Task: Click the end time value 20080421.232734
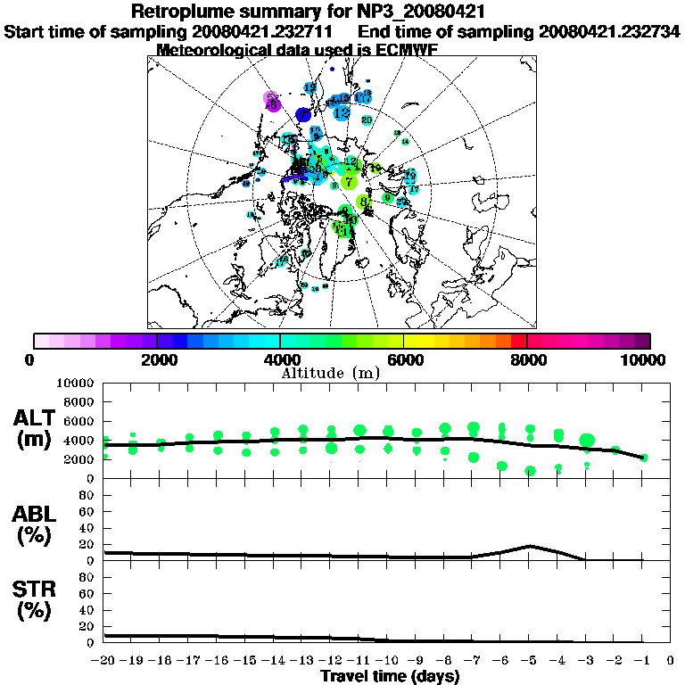[609, 31]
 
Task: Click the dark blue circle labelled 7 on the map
[303, 115]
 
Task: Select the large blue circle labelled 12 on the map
[342, 112]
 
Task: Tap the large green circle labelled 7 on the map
[348, 181]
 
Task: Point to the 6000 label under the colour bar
[403, 359]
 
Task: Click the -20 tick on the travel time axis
[104, 660]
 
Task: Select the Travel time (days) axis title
[390, 677]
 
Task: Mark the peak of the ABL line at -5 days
[530, 545]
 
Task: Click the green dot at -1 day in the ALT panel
[643, 458]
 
